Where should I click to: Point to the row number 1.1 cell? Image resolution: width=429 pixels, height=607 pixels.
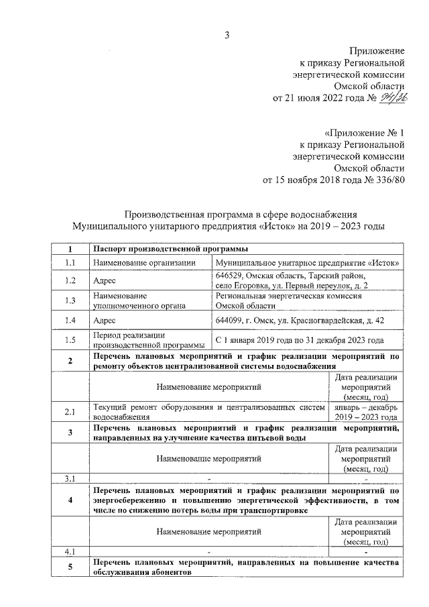(70, 263)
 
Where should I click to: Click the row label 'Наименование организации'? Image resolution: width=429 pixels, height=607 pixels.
(143, 263)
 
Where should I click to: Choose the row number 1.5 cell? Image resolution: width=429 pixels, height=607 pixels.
(70, 340)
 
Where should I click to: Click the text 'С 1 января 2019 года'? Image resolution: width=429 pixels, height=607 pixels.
(255, 340)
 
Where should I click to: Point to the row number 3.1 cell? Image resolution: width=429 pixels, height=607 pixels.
(70, 478)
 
